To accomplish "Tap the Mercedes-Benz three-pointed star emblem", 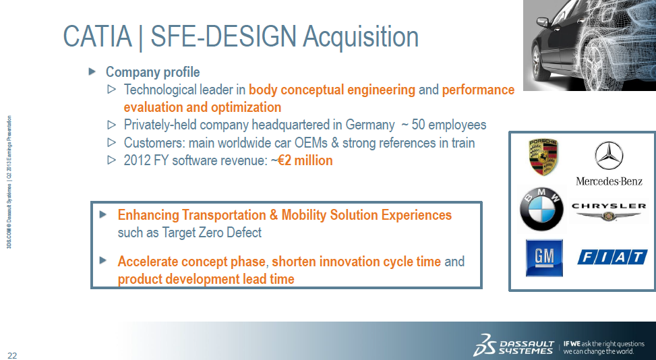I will tap(609, 156).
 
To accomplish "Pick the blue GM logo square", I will tap(544, 258).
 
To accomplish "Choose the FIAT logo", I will tap(612, 258).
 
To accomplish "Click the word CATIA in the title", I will tap(96, 36).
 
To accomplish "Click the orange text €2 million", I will tap(305, 161).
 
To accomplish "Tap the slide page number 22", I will tap(12, 355).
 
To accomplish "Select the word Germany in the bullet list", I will tap(367, 125).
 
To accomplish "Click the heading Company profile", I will tap(152, 72).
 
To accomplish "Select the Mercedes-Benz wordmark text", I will tap(609, 181).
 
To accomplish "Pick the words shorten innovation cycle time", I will tap(356, 262).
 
